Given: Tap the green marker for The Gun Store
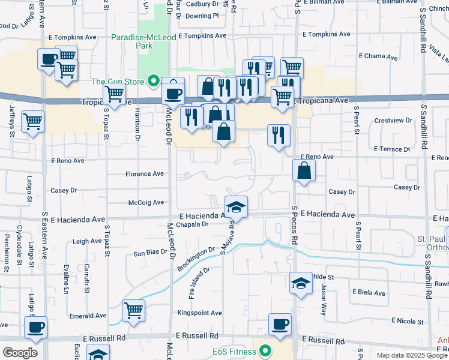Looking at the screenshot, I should click(154, 81).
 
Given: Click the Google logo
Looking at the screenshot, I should click(20, 352).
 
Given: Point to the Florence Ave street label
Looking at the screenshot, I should click(144, 174).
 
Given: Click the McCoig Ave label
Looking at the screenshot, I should click(146, 202).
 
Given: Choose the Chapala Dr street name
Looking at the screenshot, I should click(193, 224).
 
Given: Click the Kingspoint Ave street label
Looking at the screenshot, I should click(199, 313).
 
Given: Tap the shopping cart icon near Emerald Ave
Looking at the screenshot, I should click(133, 310).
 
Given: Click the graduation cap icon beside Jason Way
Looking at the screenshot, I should click(300, 283).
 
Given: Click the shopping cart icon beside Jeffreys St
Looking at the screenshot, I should click(32, 121).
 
